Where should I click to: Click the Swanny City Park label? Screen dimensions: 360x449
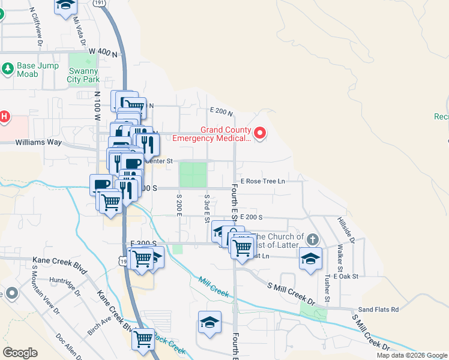[83, 75]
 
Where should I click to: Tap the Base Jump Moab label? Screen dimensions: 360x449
[27, 70]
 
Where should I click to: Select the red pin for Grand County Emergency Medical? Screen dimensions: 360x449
[260, 133]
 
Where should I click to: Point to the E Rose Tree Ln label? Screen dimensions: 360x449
[263, 181]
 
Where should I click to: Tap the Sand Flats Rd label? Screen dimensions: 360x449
[378, 310]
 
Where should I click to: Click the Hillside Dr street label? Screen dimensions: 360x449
[346, 230]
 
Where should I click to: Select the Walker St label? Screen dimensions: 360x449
[340, 254]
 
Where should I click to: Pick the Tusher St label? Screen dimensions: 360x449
[327, 289]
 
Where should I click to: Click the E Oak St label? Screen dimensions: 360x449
[344, 276]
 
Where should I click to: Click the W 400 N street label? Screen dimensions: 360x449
[102, 53]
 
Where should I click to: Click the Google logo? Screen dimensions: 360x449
[20, 353]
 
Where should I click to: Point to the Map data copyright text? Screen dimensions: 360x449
[412, 355]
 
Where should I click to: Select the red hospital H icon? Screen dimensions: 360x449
[4, 116]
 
